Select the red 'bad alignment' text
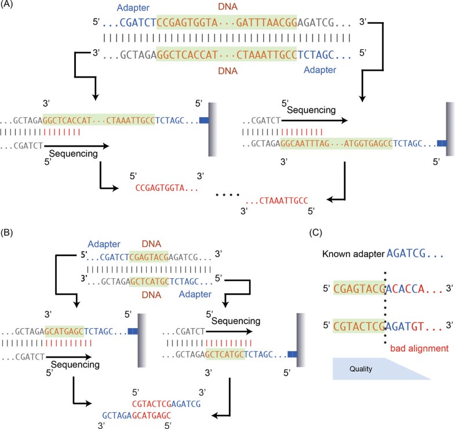pyautogui.click(x=417, y=349)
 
